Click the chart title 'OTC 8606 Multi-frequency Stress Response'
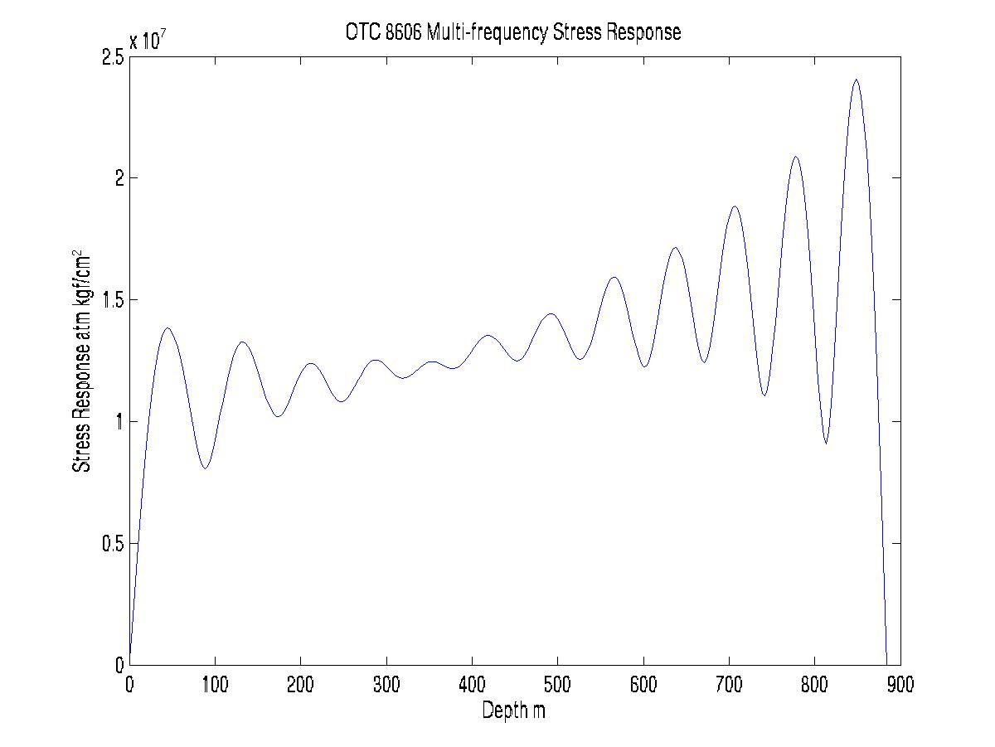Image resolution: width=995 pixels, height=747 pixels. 513,32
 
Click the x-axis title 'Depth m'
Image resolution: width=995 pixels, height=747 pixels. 513,711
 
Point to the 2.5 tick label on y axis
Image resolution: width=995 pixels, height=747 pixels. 114,56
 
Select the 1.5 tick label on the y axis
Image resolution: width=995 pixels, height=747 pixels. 114,300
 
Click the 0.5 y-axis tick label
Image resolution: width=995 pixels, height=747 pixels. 114,544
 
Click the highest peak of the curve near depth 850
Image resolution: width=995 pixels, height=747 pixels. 856,80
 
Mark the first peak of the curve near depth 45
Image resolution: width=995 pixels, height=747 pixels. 167,328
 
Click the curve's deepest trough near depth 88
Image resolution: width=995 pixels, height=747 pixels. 205,468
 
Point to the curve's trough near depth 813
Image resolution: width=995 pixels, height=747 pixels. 826,443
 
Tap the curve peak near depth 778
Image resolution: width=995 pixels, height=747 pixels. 795,157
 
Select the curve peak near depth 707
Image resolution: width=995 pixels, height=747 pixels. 735,206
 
